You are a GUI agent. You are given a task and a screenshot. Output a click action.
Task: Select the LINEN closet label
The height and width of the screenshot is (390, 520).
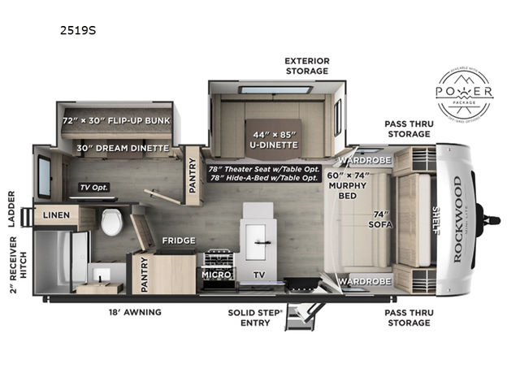(x=54, y=215)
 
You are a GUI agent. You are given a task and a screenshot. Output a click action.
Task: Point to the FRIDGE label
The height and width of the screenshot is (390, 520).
(x=177, y=241)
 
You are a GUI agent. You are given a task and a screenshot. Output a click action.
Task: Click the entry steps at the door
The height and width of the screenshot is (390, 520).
(x=305, y=312)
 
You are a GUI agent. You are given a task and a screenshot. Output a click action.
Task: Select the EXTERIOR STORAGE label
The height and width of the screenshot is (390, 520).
(x=305, y=66)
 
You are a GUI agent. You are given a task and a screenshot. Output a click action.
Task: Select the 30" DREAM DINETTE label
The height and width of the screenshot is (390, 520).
(x=122, y=148)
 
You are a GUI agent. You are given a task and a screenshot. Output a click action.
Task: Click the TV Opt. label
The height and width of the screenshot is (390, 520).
(x=93, y=187)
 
